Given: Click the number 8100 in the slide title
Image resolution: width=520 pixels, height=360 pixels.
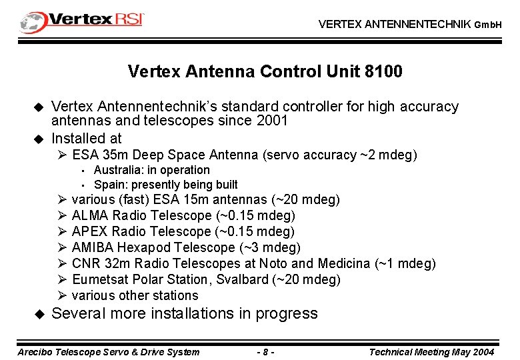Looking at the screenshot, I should pyautogui.click(x=383, y=71).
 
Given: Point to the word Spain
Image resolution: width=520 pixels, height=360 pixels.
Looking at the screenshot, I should pyautogui.click(x=109, y=185).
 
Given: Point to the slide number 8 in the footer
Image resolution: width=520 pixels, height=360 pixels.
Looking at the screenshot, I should pyautogui.click(x=265, y=352).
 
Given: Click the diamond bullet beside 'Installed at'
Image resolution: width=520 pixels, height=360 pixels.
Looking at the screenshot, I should pyautogui.click(x=38, y=139).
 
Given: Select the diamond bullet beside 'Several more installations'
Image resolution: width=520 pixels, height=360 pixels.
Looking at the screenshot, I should pyautogui.click(x=38, y=313).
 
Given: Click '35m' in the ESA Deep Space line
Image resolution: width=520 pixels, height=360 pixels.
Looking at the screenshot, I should pyautogui.click(x=110, y=155).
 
